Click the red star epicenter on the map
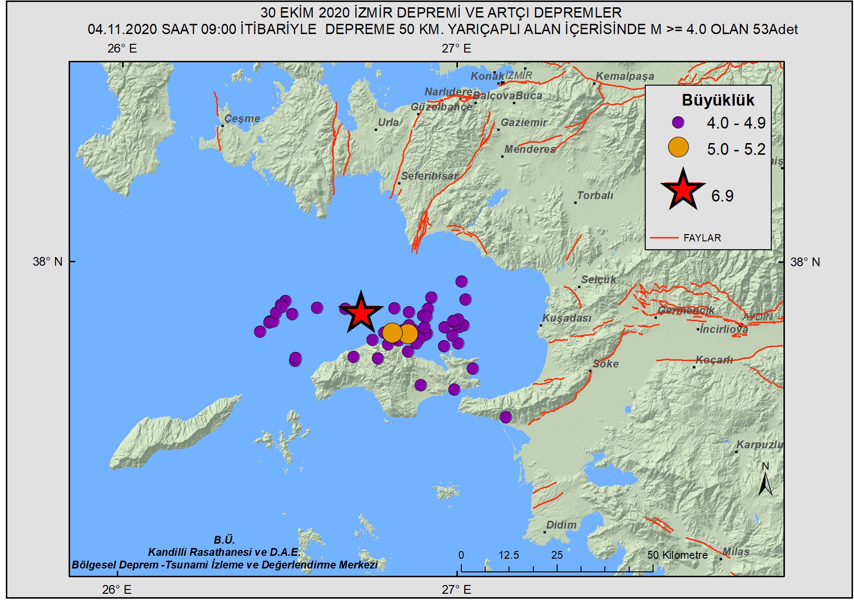tap(361, 313)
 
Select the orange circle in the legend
tap(678, 147)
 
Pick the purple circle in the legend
tap(678, 122)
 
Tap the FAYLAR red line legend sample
tap(664, 238)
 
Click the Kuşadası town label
tap(567, 318)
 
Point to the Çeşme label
tap(242, 118)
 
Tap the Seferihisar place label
tap(430, 176)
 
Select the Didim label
tap(561, 525)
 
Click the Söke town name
tap(605, 364)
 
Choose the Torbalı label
tap(595, 195)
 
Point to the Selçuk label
tap(598, 279)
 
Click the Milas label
tap(736, 551)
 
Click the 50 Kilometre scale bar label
tap(677, 555)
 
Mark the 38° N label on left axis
tap(48, 262)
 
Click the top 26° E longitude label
tap(122, 49)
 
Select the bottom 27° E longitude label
tap(456, 590)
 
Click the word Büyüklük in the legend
tap(718, 100)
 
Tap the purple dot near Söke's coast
tap(506, 417)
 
